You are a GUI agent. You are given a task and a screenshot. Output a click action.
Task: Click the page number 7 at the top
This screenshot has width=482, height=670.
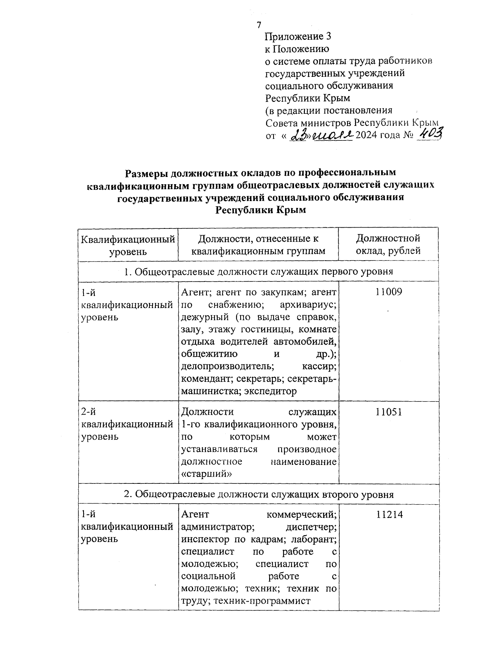259,25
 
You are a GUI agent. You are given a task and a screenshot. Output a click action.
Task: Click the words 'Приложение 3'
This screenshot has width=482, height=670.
298,37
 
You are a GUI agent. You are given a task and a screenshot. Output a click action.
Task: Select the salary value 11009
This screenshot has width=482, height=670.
388,292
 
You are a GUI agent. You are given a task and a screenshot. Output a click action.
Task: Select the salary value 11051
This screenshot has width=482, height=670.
388,412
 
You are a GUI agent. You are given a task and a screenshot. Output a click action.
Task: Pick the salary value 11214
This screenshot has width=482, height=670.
389,515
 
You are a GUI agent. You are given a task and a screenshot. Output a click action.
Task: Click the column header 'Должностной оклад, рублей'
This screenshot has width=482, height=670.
388,245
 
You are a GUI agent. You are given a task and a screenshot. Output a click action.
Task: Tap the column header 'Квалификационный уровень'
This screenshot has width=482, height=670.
128,245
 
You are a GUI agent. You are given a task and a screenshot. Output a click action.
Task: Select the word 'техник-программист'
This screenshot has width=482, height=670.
262,601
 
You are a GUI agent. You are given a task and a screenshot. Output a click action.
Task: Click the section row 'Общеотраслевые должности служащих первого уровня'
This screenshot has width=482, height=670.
259,271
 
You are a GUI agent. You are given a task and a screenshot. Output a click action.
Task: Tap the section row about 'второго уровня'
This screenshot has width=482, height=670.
259,494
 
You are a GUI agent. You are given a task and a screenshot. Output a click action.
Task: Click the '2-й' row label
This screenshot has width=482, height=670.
88,412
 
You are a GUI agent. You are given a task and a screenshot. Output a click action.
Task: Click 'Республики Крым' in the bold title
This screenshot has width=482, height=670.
261,210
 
